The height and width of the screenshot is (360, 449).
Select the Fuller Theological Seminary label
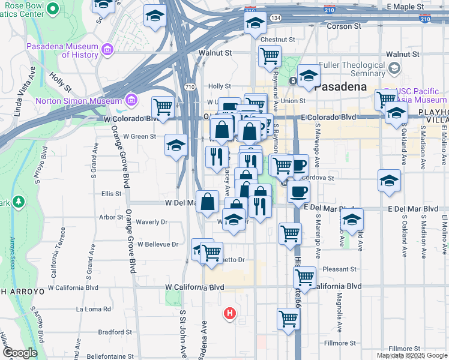(351, 69)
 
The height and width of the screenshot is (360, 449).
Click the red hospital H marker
(229, 313)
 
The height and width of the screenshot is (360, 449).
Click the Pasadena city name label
(340, 86)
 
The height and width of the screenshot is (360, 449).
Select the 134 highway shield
(276, 19)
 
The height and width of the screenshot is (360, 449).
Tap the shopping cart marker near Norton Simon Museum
(163, 107)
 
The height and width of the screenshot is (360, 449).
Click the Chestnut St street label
(278, 40)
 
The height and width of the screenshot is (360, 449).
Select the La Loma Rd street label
(94, 309)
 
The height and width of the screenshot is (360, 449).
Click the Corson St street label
(344, 26)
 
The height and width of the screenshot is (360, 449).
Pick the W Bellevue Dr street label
(158, 244)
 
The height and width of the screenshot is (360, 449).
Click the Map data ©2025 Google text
(412, 355)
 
